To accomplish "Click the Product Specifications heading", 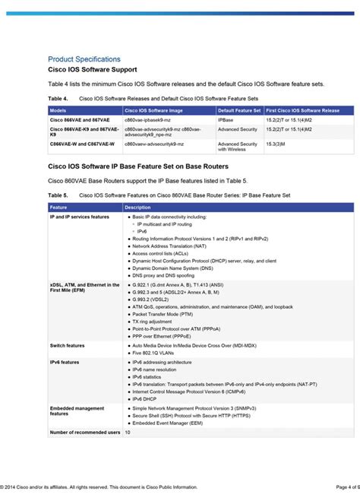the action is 84,59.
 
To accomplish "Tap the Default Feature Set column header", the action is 238,110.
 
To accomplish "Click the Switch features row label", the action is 68,345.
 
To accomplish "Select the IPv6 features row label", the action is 65,363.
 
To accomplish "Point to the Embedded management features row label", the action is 76,411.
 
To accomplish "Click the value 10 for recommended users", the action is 128,432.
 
